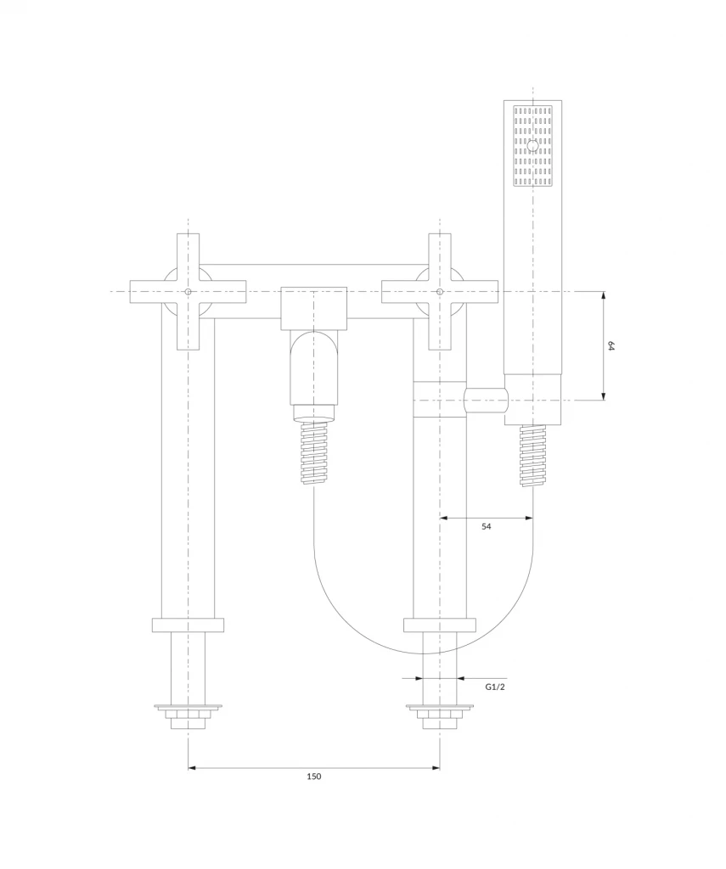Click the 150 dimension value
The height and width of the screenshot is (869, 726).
coord(314,776)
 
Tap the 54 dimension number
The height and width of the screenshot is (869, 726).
coord(487,526)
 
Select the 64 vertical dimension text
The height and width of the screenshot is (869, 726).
coord(611,346)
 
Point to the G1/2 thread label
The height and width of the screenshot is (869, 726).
coord(495,687)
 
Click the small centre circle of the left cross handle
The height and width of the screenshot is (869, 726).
coord(188,292)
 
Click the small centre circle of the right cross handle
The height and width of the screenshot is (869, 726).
coord(440,292)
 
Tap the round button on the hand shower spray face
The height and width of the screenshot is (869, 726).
coord(533,146)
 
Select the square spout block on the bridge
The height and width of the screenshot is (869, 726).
coord(314,309)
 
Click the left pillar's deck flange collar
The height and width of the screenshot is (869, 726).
coord(188,625)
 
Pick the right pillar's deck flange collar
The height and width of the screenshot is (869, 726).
coord(440,625)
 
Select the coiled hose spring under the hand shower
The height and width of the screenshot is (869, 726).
coord(533,456)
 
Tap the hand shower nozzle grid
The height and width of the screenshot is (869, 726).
coord(533,146)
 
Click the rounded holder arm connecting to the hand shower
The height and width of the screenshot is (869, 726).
coord(486,401)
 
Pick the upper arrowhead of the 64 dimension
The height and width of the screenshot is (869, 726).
coord(604,296)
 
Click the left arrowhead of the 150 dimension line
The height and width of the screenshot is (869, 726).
coord(193,768)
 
